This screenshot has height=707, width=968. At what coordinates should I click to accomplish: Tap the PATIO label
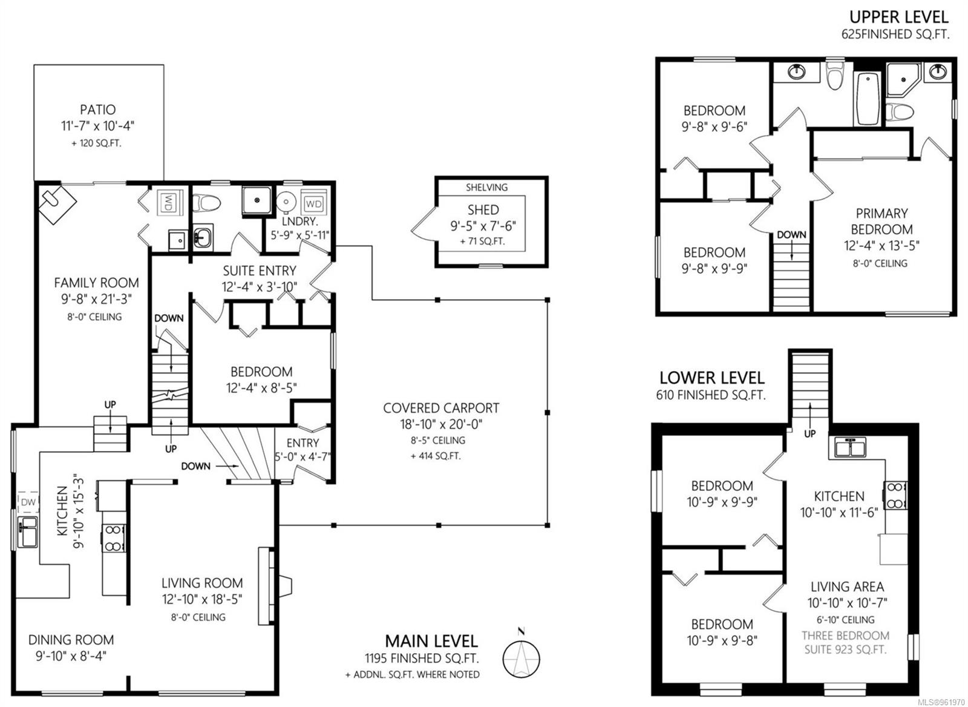click(97, 110)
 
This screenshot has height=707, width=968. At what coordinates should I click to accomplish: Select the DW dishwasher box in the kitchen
click(28, 502)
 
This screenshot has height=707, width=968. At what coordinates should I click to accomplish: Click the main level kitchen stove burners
click(114, 538)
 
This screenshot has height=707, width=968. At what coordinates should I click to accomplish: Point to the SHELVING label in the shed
click(486, 187)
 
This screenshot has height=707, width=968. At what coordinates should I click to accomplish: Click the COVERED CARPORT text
click(441, 408)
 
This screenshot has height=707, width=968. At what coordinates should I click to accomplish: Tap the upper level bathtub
click(868, 99)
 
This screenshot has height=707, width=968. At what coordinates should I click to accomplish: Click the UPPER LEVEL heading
click(899, 17)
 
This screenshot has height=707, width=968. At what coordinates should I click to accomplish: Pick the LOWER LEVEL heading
click(711, 378)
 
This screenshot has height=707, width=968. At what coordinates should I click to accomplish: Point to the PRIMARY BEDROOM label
click(881, 222)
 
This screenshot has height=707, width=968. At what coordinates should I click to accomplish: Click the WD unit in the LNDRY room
click(314, 203)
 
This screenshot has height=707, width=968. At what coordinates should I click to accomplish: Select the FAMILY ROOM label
click(96, 283)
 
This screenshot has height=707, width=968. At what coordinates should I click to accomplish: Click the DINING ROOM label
click(71, 640)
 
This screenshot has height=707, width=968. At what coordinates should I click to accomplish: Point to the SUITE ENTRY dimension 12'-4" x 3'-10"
click(260, 287)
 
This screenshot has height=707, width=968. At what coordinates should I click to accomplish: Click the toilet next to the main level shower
click(206, 203)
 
